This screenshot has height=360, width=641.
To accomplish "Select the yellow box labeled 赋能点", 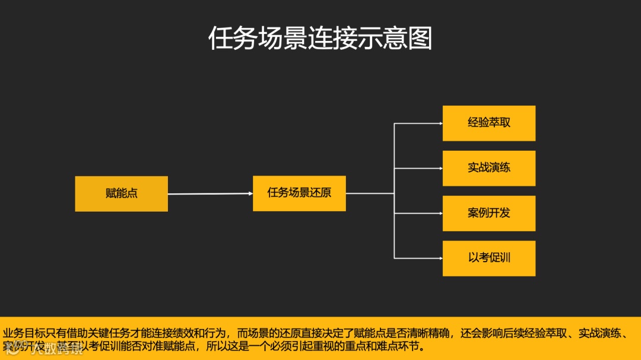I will [121, 193].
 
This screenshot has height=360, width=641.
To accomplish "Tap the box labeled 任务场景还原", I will [299, 193].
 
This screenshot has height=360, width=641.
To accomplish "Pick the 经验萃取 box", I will [488, 123].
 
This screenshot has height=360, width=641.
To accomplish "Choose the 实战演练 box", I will [488, 168].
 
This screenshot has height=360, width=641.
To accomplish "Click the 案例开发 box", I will [488, 213].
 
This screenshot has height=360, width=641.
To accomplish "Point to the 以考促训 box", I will [488, 258].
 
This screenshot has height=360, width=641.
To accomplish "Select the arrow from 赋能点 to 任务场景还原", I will [208, 193].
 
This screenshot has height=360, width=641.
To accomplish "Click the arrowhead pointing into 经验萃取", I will [440, 123].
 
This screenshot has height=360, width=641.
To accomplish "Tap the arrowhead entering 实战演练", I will [440, 168].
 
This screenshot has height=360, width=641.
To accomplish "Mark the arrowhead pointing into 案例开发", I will [440, 213].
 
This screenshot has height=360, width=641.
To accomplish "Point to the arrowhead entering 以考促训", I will [440, 258].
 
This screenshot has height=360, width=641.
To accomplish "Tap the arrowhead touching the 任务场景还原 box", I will [250, 193].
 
